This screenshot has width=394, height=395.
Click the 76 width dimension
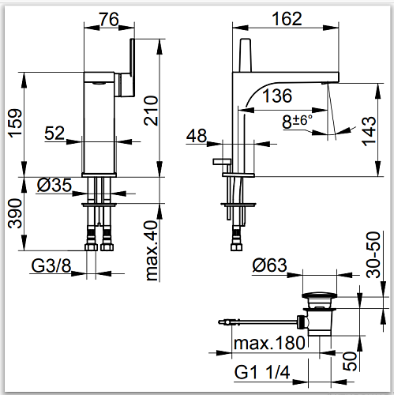[x=109, y=19]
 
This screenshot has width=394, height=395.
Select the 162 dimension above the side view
[x=287, y=19]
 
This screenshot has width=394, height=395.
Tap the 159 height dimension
[x=15, y=122]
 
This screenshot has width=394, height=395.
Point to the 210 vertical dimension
[x=151, y=111]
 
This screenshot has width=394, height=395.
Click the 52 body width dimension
[x=54, y=133]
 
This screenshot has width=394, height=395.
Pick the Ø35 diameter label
[x=54, y=185]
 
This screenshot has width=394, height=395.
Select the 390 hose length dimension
[x=15, y=213]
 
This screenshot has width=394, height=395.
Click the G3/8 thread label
[x=51, y=265]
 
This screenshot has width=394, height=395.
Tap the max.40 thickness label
[x=152, y=251]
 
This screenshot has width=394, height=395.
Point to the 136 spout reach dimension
[x=277, y=96]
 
